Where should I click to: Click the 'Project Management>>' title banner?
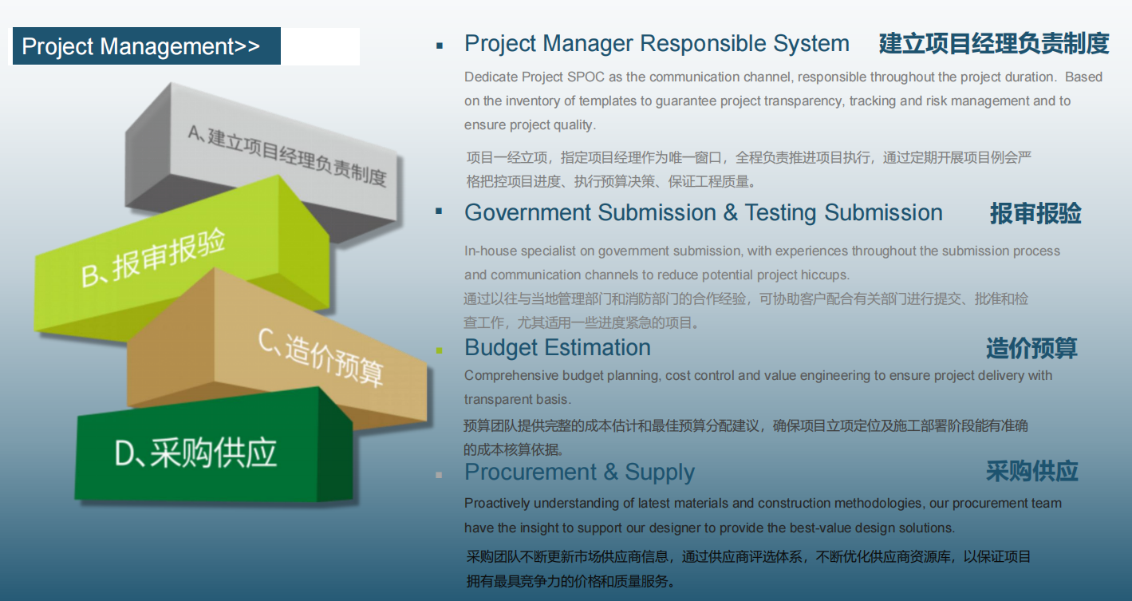147,46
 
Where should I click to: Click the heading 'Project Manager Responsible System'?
657,43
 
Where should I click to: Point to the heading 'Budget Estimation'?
558,348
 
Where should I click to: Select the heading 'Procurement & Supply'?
580,472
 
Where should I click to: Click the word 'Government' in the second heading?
527,213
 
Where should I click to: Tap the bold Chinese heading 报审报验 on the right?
1035,213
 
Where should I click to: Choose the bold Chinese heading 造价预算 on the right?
1031,348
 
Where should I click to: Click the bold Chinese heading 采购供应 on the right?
1032,472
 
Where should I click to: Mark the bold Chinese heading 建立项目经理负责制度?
994,43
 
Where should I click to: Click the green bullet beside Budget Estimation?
439,350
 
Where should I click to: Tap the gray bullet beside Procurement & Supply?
439,475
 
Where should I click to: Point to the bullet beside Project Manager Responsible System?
440,46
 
